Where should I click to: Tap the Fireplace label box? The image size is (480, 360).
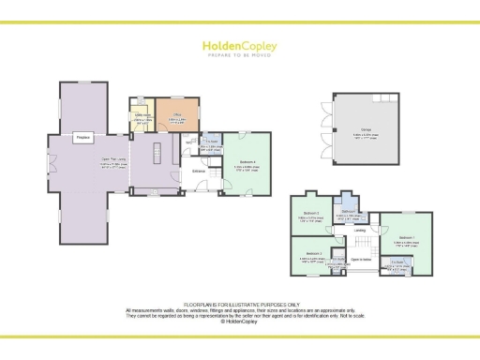pyautogui.click(x=82, y=137)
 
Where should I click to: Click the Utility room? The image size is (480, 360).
pyautogui.click(x=142, y=119)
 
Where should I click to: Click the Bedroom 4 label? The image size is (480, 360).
pyautogui.click(x=247, y=166)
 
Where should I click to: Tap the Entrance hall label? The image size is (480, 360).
pyautogui.click(x=199, y=170)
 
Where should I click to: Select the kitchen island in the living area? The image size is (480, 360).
pyautogui.click(x=157, y=153)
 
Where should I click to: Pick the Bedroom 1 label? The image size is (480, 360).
pyautogui.click(x=405, y=237)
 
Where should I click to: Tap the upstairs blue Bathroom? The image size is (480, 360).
pyautogui.click(x=348, y=215)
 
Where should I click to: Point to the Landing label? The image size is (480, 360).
pyautogui.click(x=359, y=230)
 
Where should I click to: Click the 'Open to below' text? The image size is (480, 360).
pyautogui.click(x=361, y=259)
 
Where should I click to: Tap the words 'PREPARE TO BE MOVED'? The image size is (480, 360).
pyautogui.click(x=239, y=55)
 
